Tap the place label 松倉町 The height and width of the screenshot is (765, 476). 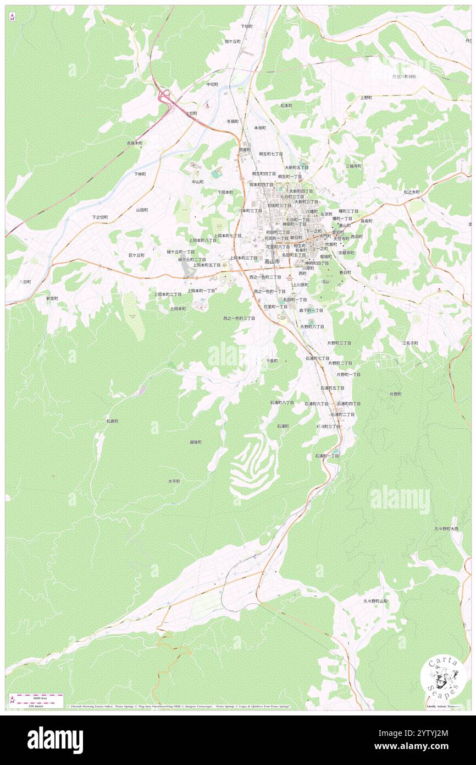pos(112,421)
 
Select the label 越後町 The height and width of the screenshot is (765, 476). pos(196,442)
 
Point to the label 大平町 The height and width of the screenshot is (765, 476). pos(174,481)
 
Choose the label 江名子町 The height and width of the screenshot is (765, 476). pos(410,343)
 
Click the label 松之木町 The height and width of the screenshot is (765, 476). pos(412,192)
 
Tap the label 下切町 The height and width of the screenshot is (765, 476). pos(246,26)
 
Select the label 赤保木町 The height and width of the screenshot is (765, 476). pos(135,143)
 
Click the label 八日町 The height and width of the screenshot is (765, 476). pos(25,281)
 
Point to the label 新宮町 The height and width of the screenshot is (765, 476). pos(52,298)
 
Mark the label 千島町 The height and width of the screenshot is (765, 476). pos(272,360)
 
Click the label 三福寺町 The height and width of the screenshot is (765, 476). pos(353,166)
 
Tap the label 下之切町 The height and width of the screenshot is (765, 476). pos(100,217)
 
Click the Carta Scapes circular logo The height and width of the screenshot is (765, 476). pos(443,678)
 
